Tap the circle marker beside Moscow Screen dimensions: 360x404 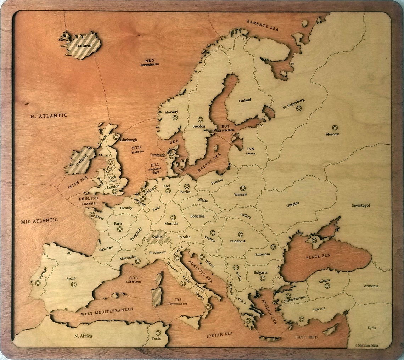(335, 128)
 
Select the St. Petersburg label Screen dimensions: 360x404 (293, 103)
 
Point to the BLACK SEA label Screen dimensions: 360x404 (318, 256)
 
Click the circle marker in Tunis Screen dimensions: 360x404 (158, 333)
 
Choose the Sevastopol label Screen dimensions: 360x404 (361, 205)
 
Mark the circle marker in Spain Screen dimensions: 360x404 (74, 284)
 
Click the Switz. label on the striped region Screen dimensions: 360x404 (157, 237)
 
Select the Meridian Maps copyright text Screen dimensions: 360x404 (366, 345)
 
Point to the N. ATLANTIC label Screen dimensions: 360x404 (49, 116)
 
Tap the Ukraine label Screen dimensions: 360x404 (293, 204)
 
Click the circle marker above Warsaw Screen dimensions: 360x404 (243, 188)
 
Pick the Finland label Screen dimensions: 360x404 (245, 100)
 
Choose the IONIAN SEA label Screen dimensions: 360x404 (220, 334)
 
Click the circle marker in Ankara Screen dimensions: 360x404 (327, 286)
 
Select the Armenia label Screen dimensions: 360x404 (371, 286)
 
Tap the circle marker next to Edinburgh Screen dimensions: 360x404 (116, 136)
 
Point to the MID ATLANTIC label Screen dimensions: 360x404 (39, 221)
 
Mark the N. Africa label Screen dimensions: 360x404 (83, 336)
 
